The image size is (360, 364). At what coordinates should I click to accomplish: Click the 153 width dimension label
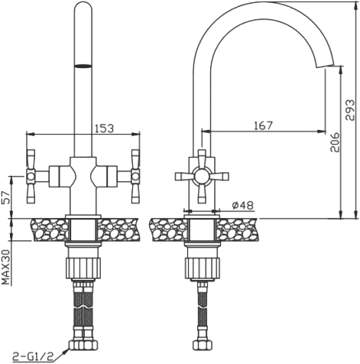click(x=104, y=128)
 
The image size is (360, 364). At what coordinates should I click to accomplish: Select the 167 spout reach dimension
click(x=264, y=125)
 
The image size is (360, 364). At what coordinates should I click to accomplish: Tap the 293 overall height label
click(x=350, y=110)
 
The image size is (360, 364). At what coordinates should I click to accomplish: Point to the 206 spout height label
click(x=335, y=142)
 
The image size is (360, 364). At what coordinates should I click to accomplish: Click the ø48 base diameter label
click(x=243, y=205)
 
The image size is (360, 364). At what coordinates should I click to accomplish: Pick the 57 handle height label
click(x=5, y=197)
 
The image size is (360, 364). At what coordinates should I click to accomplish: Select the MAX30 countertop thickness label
click(x=5, y=267)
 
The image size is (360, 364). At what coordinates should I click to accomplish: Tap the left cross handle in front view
click(x=31, y=176)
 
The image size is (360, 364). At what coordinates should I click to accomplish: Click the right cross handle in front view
click(x=135, y=176)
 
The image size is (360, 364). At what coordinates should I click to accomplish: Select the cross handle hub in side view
click(x=202, y=177)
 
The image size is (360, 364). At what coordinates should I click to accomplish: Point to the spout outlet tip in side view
click(x=325, y=66)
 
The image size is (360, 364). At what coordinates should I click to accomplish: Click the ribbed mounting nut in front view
click(x=83, y=268)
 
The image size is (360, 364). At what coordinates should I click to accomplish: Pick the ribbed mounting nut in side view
click(x=202, y=268)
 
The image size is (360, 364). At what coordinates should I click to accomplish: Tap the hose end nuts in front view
click(x=83, y=345)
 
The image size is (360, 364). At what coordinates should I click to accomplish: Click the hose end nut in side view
click(x=203, y=345)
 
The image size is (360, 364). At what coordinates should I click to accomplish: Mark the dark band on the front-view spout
click(x=83, y=66)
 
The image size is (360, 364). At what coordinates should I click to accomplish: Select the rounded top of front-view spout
click(x=83, y=8)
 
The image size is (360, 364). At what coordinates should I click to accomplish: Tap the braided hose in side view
click(x=203, y=310)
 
